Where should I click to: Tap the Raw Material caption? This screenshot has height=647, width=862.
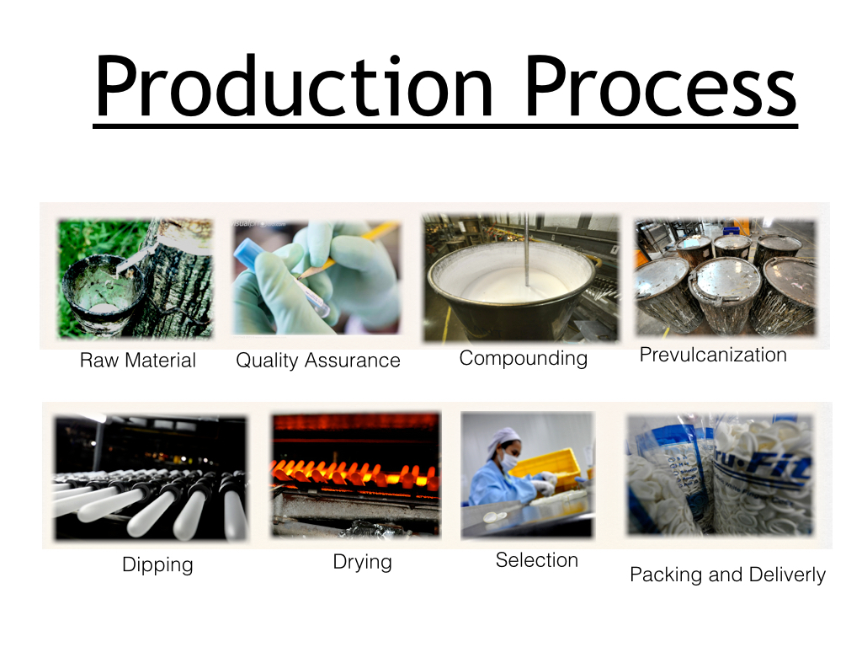[137, 361]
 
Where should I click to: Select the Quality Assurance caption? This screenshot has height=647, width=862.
[317, 361]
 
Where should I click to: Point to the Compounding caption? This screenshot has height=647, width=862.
[524, 359]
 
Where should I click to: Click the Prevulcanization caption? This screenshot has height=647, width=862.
[713, 355]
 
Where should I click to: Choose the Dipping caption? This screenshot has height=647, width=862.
[157, 565]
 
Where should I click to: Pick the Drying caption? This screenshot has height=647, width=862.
[362, 563]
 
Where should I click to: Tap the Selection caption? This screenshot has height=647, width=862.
[536, 560]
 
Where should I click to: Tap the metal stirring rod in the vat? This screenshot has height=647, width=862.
[526, 250]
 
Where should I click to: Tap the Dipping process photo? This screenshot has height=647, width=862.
[151, 478]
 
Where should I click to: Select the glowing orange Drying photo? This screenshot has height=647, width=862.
[356, 475]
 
